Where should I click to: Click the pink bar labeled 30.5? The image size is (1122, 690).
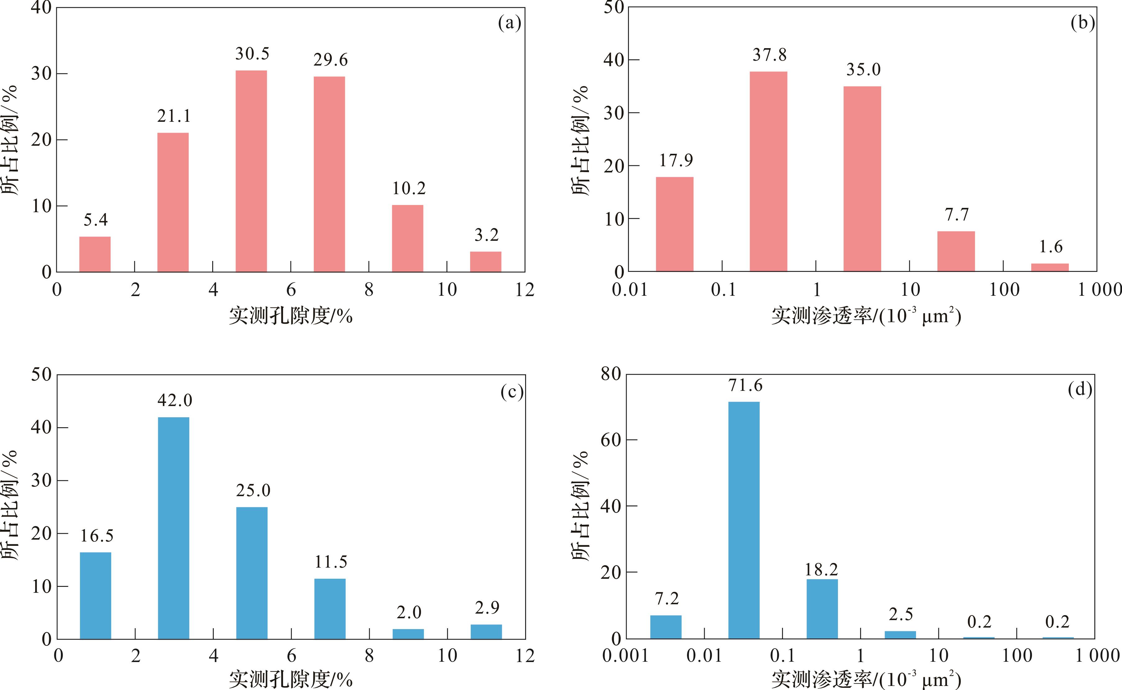[251, 171]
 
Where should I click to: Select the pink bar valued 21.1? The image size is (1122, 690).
[173, 202]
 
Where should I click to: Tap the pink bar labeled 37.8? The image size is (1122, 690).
[768, 171]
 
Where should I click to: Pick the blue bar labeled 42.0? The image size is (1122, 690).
[173, 528]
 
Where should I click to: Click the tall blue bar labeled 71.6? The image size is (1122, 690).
[744, 520]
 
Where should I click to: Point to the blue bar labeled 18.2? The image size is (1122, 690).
[822, 609]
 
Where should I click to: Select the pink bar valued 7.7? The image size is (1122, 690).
[956, 251]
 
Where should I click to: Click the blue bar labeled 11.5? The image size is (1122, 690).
[330, 609]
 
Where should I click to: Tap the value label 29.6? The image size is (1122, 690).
[330, 60]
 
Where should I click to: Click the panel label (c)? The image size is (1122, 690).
[511, 392]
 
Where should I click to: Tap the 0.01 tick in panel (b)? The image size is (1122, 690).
[630, 289]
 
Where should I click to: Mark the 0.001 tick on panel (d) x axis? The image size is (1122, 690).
[625, 656]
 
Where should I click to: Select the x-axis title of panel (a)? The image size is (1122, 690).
[291, 316]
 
